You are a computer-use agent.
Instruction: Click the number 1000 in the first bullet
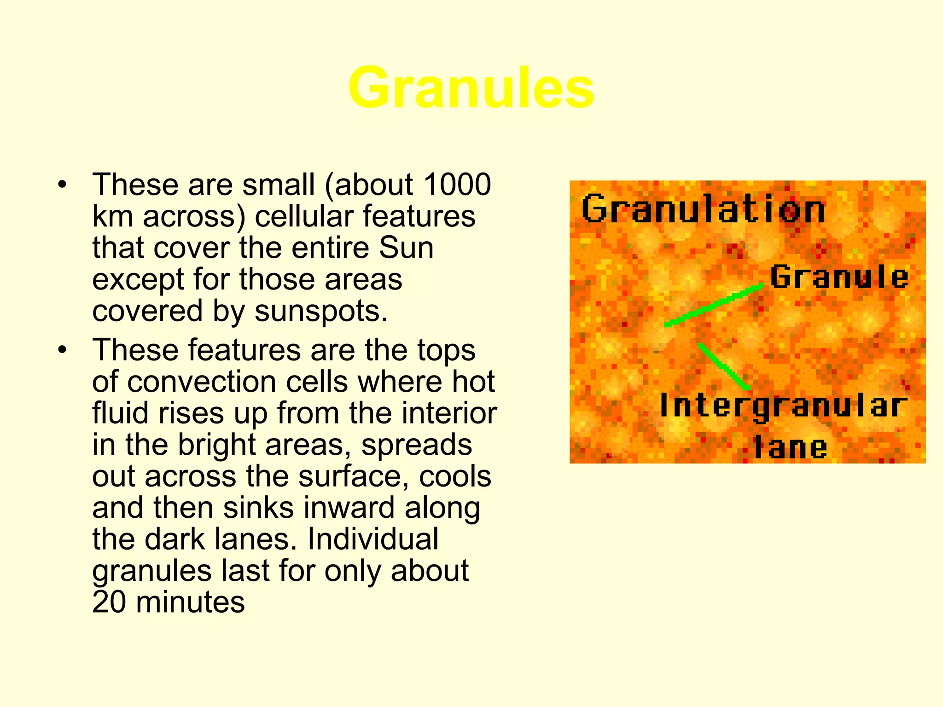click(457, 185)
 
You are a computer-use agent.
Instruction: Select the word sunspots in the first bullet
click(320, 311)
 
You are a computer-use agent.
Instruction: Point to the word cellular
click(304, 216)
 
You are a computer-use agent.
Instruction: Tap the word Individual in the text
click(373, 539)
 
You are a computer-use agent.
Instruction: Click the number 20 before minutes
click(109, 602)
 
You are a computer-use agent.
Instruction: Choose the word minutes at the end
click(190, 602)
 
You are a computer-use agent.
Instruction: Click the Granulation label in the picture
click(703, 209)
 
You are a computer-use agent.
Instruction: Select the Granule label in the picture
click(839, 277)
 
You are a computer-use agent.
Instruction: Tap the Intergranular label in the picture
click(783, 406)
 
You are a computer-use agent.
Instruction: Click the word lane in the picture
click(790, 447)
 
